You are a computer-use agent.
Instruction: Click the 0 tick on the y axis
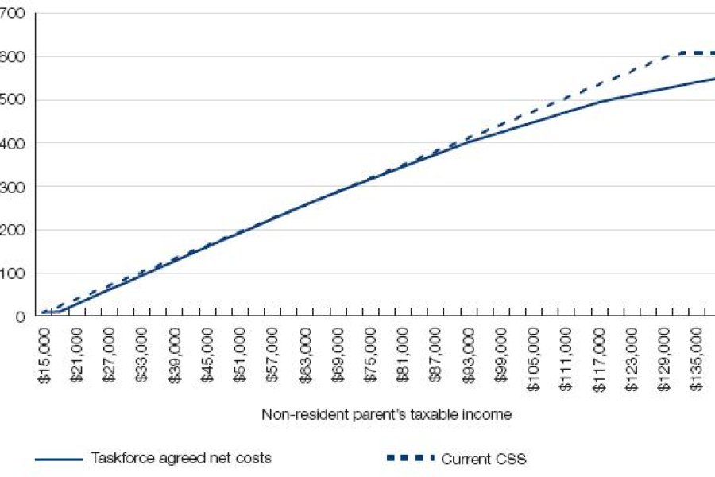21,316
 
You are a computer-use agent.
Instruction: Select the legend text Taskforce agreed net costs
180,459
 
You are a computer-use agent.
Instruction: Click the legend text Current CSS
483,459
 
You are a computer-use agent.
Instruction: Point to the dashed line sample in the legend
410,459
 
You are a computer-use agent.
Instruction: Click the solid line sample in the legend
59,459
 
